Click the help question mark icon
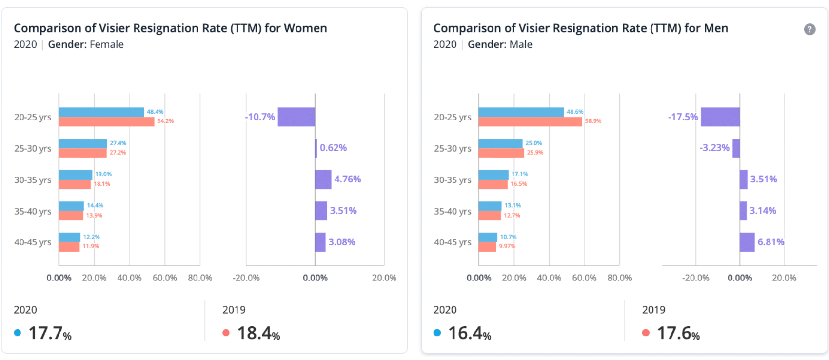809,29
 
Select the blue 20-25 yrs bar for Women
101,112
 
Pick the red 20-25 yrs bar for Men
530,121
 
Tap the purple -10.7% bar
296,117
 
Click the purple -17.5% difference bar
720,117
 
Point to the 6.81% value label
770,242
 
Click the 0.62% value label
333,148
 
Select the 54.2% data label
165,121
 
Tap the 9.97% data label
507,246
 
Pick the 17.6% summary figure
678,333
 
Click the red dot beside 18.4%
226,333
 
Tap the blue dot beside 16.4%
437,333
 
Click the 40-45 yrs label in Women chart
33,242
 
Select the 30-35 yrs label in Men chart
453,180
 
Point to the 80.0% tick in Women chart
200,278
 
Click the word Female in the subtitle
107,44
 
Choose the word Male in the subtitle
521,44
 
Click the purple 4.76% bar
323,180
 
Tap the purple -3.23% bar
736,148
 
